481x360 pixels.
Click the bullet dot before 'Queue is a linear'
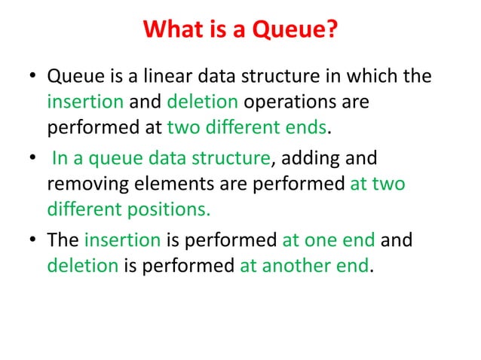[x=33, y=78]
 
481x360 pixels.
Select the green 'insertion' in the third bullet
[x=122, y=242]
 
